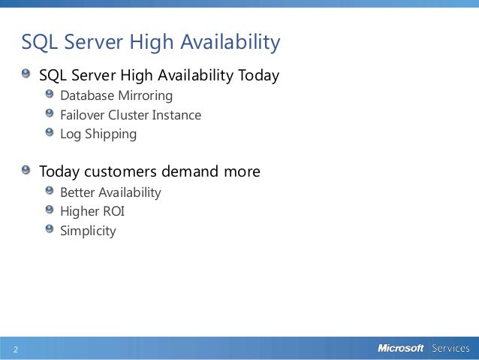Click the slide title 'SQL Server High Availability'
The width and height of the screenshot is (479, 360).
[x=150, y=43]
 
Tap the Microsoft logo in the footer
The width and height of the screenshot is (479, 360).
[x=400, y=348]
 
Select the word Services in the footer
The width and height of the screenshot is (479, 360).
[x=449, y=348]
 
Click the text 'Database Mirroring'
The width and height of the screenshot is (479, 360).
[x=116, y=96]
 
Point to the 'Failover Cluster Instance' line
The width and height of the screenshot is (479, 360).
[x=131, y=116]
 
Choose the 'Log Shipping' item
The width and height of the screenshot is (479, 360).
[x=98, y=135]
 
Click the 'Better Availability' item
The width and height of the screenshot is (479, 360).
[x=110, y=192]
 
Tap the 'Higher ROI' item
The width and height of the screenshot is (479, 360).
[x=92, y=211]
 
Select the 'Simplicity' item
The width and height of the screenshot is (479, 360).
[x=88, y=231]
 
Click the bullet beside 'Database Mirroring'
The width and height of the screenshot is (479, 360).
[x=50, y=95]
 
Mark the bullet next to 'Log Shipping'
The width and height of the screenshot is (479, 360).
[x=50, y=133]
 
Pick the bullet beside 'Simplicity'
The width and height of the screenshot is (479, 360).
[x=50, y=228]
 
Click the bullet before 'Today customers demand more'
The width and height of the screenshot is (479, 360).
[x=27, y=170]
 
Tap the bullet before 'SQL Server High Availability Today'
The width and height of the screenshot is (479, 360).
[x=27, y=74]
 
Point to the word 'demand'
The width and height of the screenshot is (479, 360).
[x=188, y=172]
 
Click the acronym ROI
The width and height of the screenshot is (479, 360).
[x=114, y=211]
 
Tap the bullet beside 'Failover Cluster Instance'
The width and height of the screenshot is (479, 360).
[x=50, y=113]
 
